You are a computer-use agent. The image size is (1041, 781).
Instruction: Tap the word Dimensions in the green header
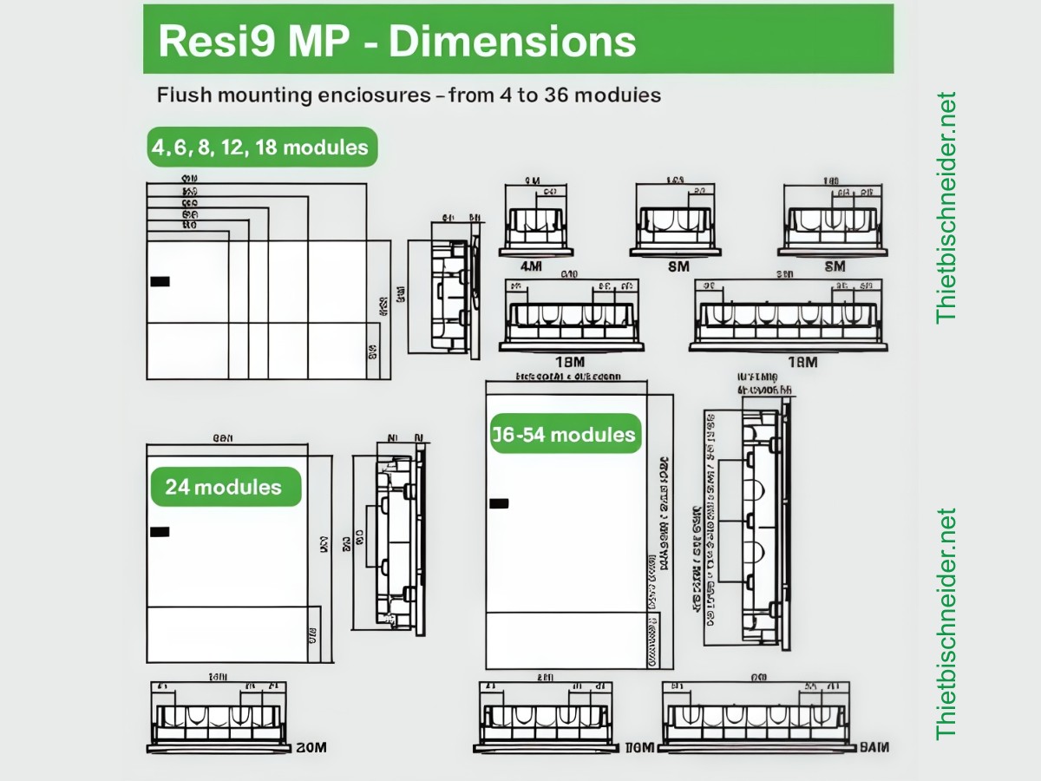pos(512,41)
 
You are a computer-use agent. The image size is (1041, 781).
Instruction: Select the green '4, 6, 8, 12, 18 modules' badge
pos(260,148)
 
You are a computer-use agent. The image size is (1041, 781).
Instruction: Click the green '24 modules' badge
pos(224,487)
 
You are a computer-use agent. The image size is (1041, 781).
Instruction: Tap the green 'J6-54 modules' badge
pos(565,434)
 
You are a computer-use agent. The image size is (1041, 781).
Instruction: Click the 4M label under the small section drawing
pos(532,266)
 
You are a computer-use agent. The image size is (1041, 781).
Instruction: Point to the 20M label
pos(311,747)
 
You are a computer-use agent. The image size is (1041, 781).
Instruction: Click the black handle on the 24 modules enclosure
pos(160,532)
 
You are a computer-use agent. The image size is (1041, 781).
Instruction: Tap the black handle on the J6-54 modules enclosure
pos(499,503)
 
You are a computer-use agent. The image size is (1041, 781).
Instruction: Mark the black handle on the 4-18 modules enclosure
pos(160,281)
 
